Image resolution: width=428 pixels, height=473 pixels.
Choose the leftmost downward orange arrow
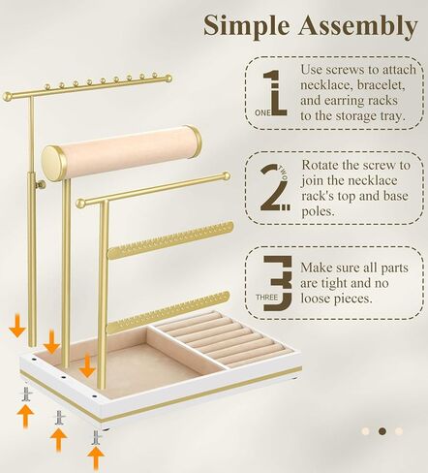(17, 329)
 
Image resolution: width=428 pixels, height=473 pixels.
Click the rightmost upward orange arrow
(96, 454)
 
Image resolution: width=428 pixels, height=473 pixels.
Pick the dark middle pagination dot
(382, 430)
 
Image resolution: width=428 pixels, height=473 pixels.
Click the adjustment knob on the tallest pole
(40, 181)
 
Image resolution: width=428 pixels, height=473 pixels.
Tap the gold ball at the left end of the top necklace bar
(8, 96)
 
